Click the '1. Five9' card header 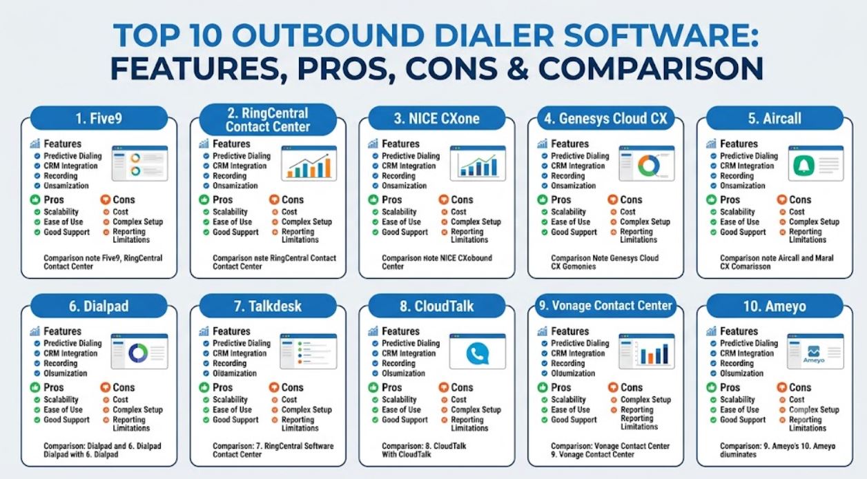99,118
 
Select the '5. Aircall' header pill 775,118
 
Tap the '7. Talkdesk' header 268,306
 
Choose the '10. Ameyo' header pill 775,306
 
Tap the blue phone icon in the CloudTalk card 478,353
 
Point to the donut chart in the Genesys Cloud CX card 649,165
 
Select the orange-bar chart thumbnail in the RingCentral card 309,164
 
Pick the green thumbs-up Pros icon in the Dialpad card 35,387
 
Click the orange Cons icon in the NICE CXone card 443,199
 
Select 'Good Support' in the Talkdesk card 235,420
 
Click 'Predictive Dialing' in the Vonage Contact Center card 580,343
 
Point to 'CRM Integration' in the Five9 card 70,166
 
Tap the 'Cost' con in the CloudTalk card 458,400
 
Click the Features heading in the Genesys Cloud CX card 569,144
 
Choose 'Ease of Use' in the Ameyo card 739,409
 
